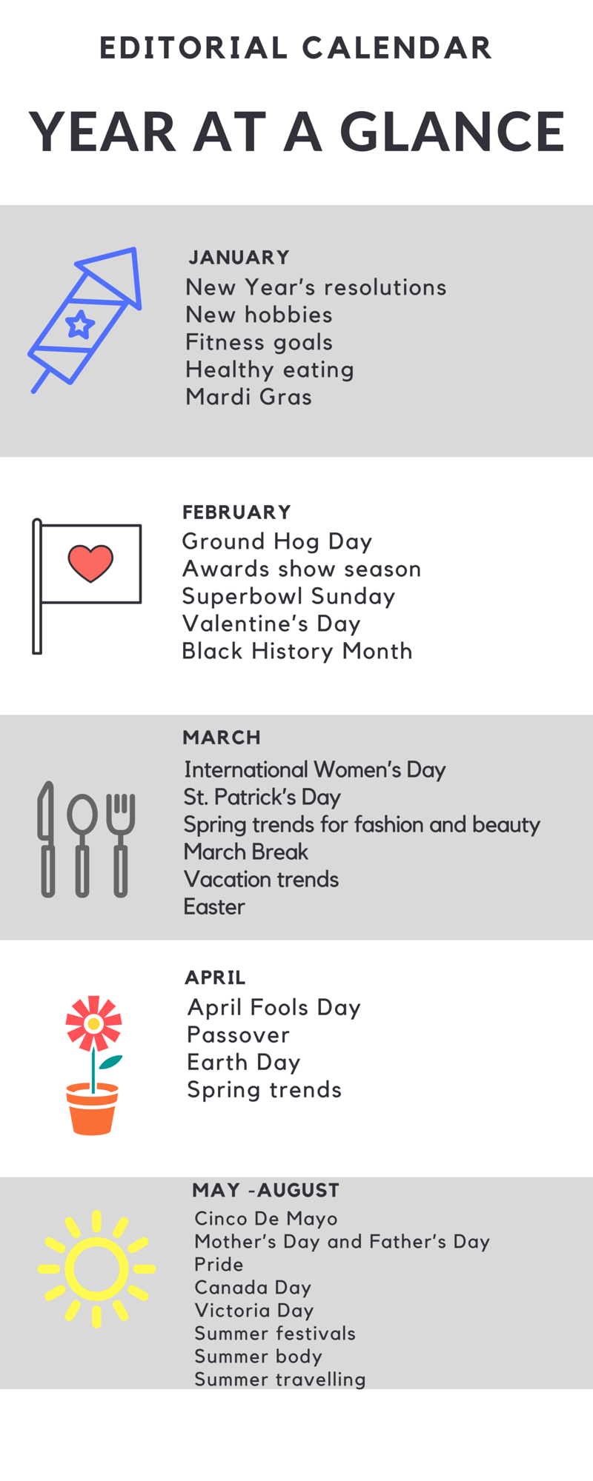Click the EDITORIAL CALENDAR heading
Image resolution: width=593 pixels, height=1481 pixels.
(296, 48)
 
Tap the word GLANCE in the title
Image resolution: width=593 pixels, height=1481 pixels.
(452, 132)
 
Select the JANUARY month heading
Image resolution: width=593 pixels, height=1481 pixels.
(239, 258)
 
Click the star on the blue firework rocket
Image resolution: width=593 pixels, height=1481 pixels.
(80, 324)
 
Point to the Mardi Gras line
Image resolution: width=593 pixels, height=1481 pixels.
(248, 397)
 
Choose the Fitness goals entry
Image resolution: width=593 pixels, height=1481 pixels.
(259, 343)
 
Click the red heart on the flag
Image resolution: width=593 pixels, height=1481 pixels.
(90, 564)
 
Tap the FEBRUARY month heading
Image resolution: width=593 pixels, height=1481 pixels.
(236, 512)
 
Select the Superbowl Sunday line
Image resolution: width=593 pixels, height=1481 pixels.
(288, 597)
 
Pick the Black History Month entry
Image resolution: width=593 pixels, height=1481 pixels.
(297, 652)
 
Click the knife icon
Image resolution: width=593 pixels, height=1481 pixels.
(47, 839)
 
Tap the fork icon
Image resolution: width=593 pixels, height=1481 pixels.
(120, 845)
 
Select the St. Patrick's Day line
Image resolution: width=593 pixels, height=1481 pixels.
(262, 798)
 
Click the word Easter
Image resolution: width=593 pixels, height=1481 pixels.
(214, 907)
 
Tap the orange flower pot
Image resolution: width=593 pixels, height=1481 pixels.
(93, 1109)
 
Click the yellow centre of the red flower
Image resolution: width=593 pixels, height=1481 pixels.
(93, 1024)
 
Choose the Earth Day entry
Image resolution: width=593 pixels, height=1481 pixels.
(244, 1063)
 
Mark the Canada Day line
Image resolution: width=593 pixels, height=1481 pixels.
(253, 1288)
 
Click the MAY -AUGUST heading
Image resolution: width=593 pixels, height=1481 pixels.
(265, 1190)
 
